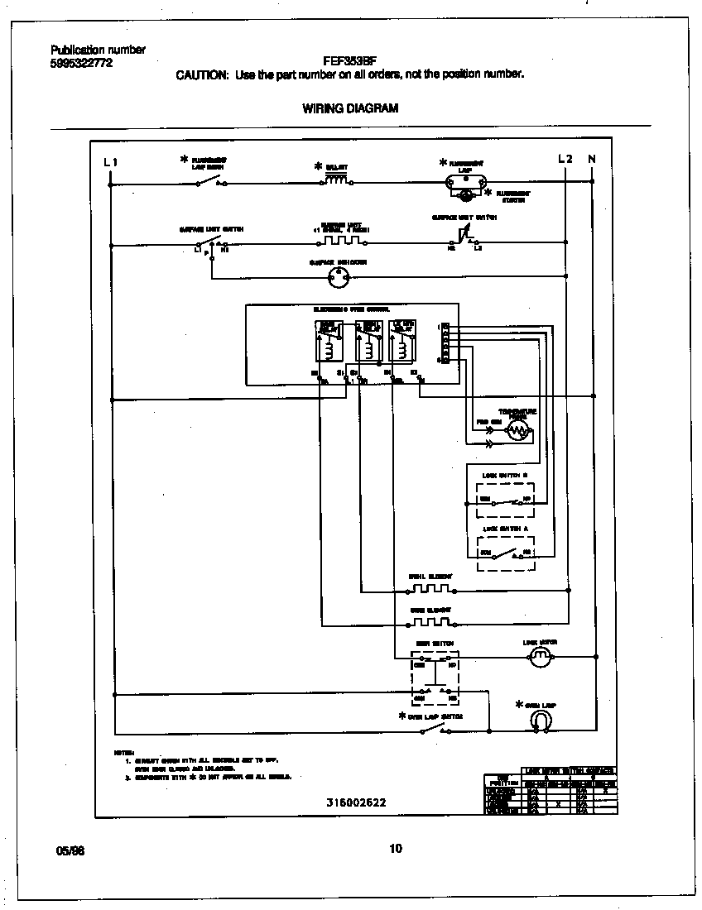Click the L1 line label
(110, 161)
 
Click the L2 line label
(565, 158)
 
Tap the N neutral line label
(592, 158)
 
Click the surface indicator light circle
(338, 279)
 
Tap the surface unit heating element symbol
(343, 242)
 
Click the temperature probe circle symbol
(518, 429)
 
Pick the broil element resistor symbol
(430, 589)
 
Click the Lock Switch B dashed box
(506, 494)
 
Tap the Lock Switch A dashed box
(506, 548)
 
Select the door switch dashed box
(435, 673)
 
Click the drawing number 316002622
(357, 803)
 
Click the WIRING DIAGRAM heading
(350, 108)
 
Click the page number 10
(395, 848)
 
